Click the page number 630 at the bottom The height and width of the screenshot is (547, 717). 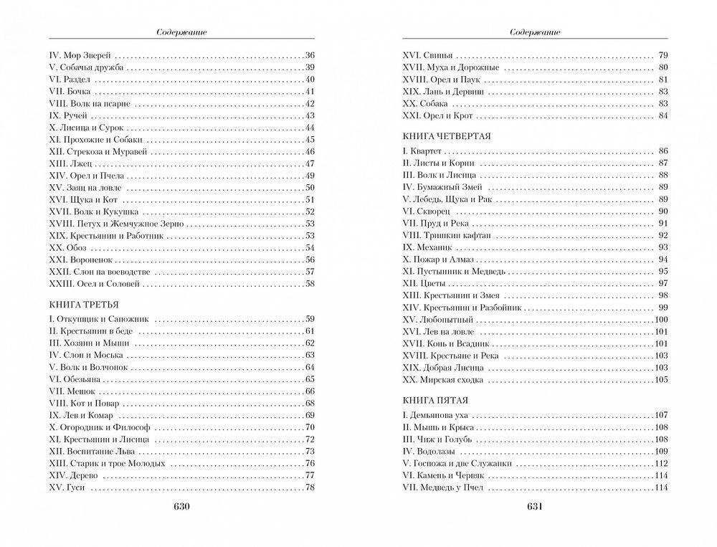[180, 507]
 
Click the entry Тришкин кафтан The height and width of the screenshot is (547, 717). [440, 234]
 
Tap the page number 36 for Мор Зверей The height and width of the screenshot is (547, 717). [310, 55]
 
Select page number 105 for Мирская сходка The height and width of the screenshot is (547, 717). [661, 379]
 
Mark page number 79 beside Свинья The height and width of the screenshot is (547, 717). [663, 55]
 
